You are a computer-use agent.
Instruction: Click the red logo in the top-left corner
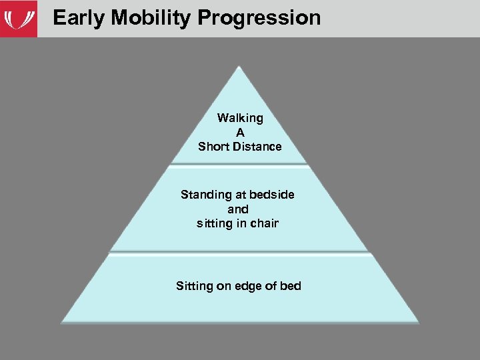click(18, 19)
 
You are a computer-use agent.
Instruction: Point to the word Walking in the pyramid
click(240, 118)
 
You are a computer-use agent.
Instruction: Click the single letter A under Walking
click(240, 132)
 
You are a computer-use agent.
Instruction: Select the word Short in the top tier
click(213, 147)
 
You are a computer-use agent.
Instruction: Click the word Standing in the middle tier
click(205, 195)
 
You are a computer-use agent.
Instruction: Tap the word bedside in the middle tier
click(272, 195)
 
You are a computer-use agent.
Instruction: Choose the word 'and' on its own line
click(237, 209)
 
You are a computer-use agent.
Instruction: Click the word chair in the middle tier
click(264, 223)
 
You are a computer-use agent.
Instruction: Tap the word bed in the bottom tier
click(291, 286)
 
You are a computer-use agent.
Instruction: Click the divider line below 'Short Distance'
click(240, 164)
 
